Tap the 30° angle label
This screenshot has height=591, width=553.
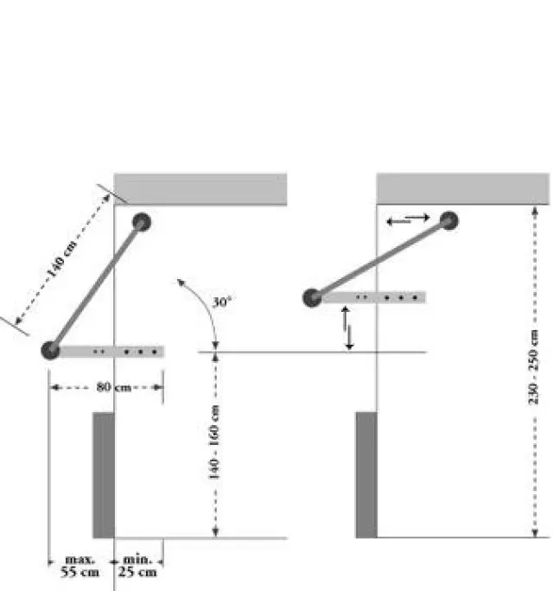click(222, 303)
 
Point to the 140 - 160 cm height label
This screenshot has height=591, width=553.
click(215, 442)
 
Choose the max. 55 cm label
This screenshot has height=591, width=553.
click(79, 566)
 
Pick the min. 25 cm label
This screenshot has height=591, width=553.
click(138, 566)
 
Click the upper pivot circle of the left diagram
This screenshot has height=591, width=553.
click(142, 222)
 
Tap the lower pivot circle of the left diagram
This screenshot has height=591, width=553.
click(50, 350)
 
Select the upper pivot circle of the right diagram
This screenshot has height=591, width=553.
click(448, 220)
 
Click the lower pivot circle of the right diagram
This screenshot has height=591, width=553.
click(312, 298)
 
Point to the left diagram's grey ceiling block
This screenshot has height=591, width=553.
click(200, 189)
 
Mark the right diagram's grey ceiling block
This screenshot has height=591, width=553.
click(463, 189)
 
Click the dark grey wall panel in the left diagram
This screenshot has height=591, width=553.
click(104, 474)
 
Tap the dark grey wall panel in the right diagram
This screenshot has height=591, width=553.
click(366, 474)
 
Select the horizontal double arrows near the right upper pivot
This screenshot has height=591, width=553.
click(408, 219)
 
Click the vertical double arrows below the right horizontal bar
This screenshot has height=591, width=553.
click(347, 328)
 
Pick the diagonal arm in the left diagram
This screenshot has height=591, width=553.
click(96, 286)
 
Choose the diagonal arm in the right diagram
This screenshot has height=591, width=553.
click(380, 259)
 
